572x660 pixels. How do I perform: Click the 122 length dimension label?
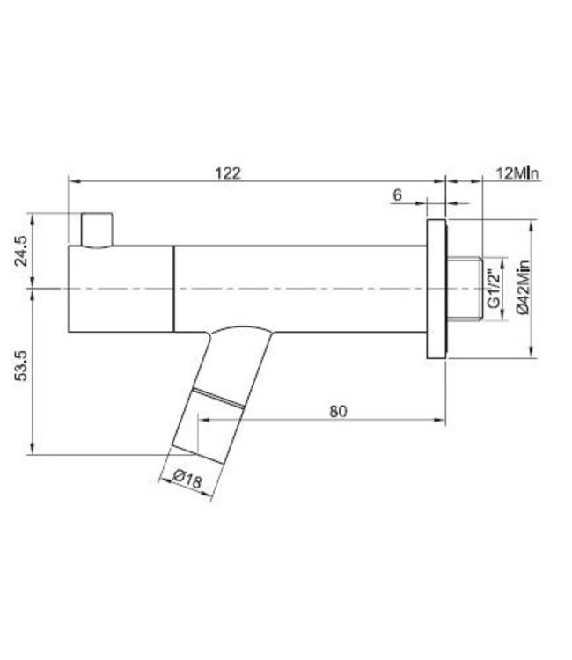(x=228, y=173)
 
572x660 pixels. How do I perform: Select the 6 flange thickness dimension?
(x=397, y=195)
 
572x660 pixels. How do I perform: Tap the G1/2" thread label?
(x=494, y=289)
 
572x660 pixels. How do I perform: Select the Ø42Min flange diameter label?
(x=521, y=289)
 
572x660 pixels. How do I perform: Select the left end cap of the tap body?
(x=121, y=289)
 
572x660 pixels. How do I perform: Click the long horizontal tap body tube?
(x=299, y=289)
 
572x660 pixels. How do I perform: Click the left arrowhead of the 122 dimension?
(x=72, y=182)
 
